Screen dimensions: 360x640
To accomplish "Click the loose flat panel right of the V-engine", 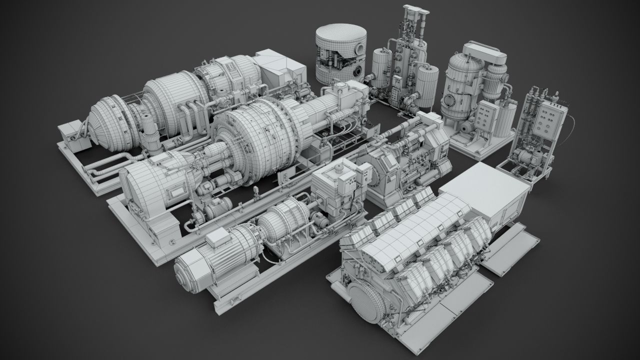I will (511, 248).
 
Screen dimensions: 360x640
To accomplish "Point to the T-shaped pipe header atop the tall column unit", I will (414, 11).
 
